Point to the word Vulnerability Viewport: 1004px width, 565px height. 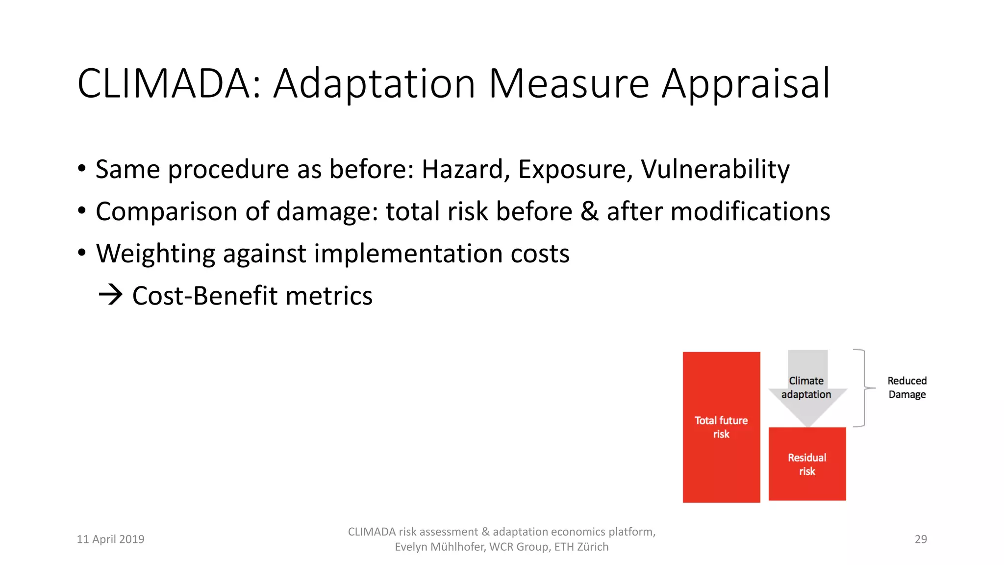coord(715,170)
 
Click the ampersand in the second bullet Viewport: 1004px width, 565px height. coord(589,212)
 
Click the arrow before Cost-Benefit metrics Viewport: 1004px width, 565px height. coord(111,295)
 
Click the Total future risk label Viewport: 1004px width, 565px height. coord(721,427)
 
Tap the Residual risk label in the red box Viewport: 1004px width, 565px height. coord(807,464)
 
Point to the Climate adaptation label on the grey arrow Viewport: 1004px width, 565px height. coord(806,387)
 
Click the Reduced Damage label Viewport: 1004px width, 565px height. coord(907,387)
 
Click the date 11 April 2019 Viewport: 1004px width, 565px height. coord(111,539)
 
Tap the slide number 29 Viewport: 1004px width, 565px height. coord(921,539)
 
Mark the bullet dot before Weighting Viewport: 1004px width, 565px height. coord(82,253)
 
